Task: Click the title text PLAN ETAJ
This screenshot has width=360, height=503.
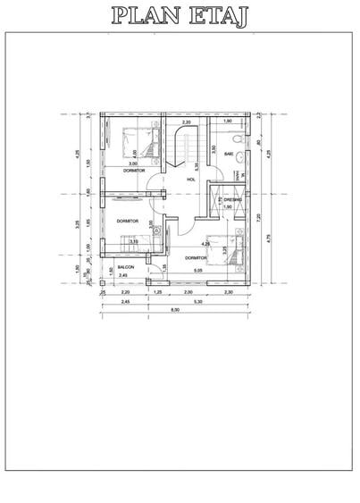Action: click(x=179, y=15)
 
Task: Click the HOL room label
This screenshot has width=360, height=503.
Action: click(x=190, y=180)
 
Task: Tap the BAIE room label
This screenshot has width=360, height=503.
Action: click(x=229, y=154)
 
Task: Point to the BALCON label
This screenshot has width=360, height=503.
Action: click(x=126, y=266)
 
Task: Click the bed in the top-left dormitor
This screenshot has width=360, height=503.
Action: click(x=140, y=143)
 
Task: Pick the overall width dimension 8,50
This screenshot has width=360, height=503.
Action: click(x=177, y=309)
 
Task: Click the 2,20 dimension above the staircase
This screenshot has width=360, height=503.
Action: click(x=187, y=122)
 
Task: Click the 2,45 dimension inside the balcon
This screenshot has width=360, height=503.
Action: click(x=123, y=275)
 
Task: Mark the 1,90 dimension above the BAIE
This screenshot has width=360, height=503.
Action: click(x=228, y=122)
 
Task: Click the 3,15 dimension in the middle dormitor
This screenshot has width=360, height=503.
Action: click(x=133, y=241)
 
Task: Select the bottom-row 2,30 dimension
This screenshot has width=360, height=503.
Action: click(x=228, y=292)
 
